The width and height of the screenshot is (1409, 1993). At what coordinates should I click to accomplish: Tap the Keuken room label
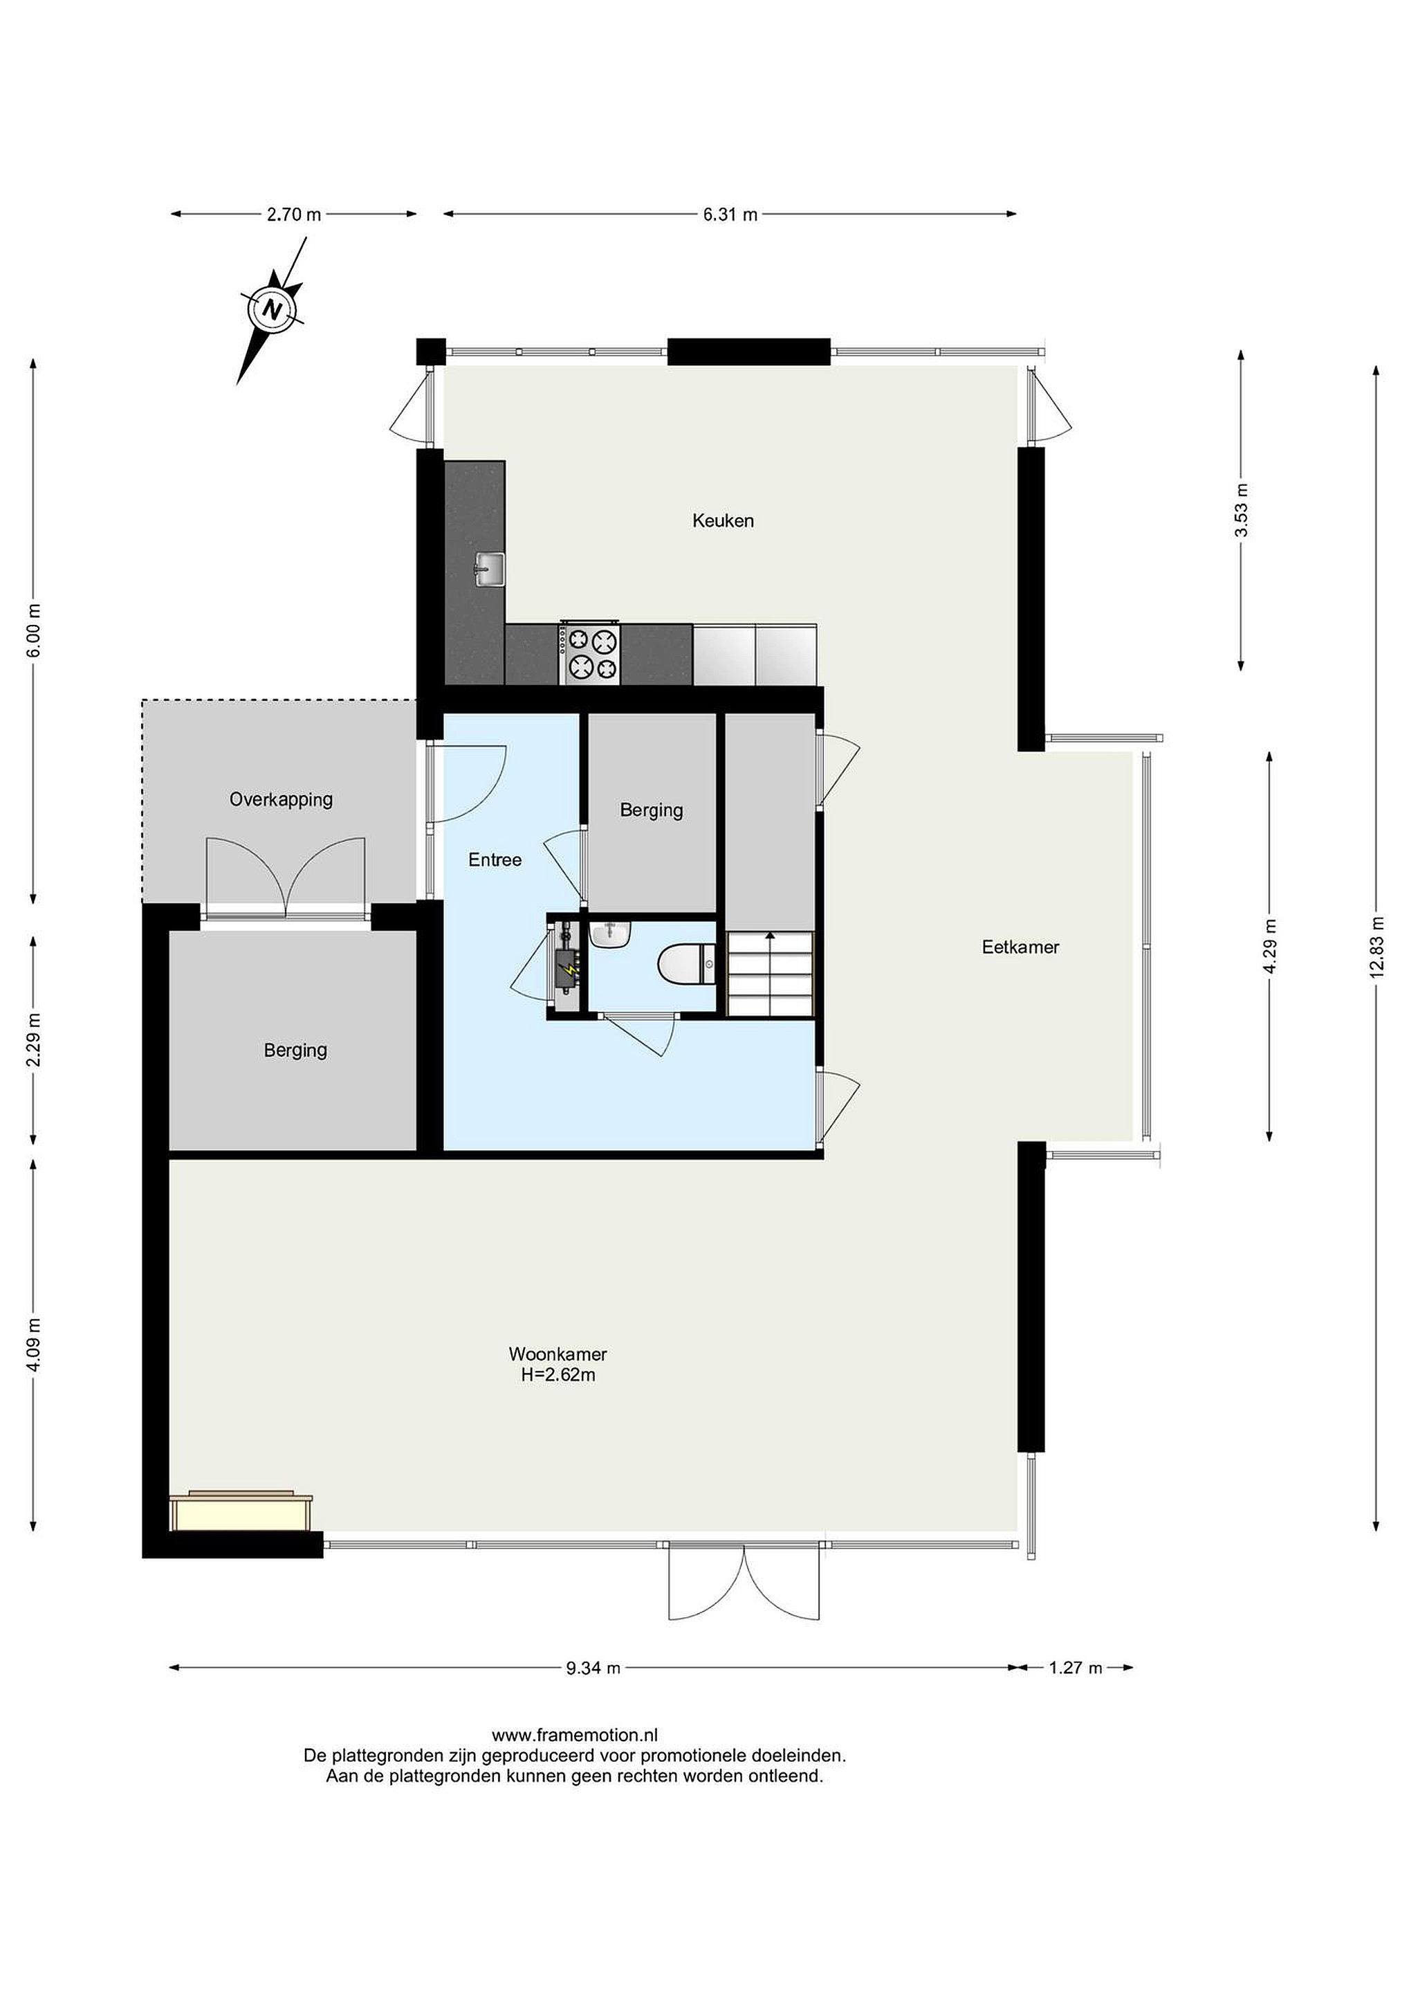click(x=723, y=521)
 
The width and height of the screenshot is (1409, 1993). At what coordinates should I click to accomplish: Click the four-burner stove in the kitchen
click(x=590, y=653)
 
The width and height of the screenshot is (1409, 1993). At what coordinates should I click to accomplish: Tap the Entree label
click(x=495, y=859)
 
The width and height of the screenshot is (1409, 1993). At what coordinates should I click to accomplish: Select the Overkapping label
click(x=281, y=799)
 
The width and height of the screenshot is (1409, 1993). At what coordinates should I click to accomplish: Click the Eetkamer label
click(x=1020, y=947)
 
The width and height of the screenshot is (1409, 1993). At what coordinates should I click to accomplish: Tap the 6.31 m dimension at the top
click(x=730, y=215)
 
